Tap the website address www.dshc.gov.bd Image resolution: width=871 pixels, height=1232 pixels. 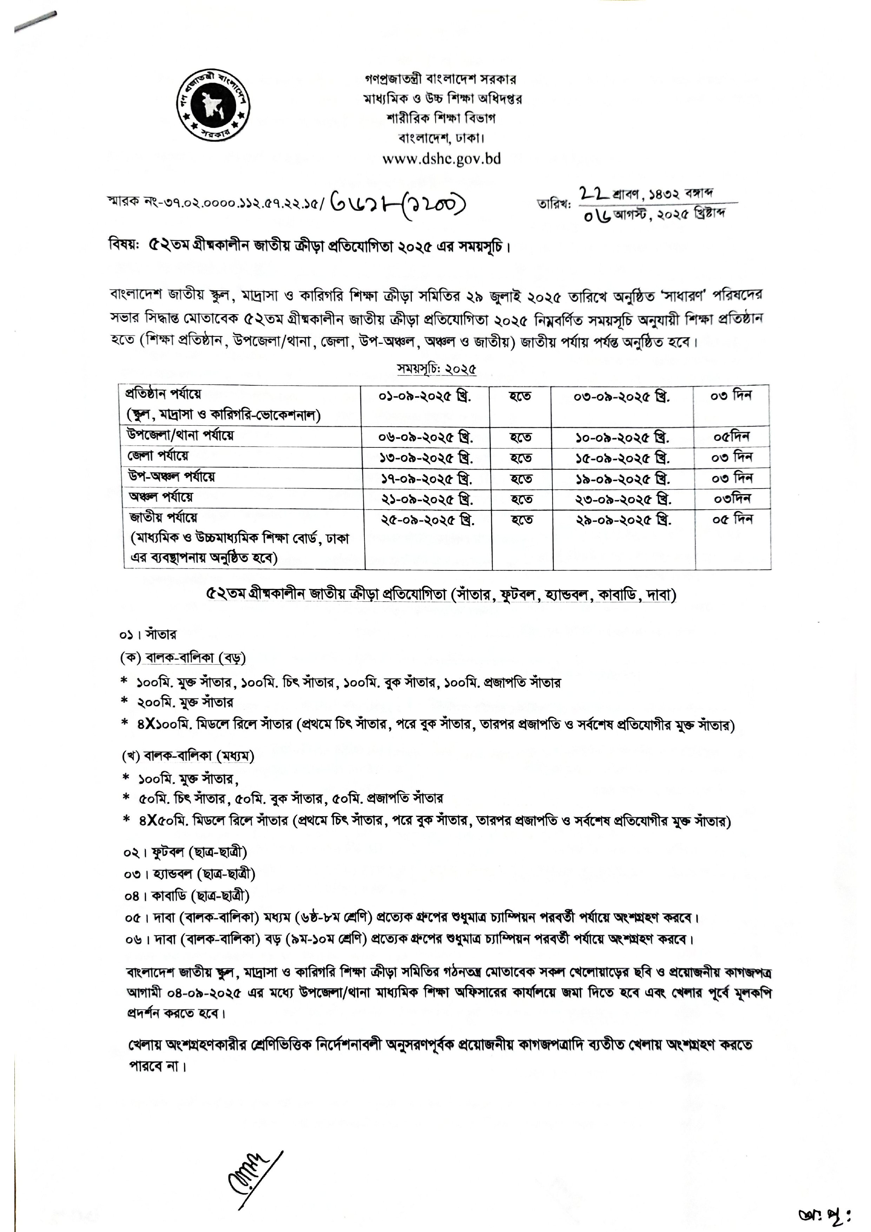[441, 159]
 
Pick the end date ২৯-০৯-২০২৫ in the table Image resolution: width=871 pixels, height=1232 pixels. [623, 520]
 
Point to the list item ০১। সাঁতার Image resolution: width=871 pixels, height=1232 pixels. [148, 635]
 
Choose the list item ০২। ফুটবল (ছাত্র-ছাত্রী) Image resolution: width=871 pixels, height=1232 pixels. [185, 852]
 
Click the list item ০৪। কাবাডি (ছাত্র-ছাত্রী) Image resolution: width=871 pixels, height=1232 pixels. [187, 896]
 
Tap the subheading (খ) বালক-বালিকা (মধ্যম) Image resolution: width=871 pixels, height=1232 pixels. [188, 756]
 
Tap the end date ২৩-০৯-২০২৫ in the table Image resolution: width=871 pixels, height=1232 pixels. [623, 499]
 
